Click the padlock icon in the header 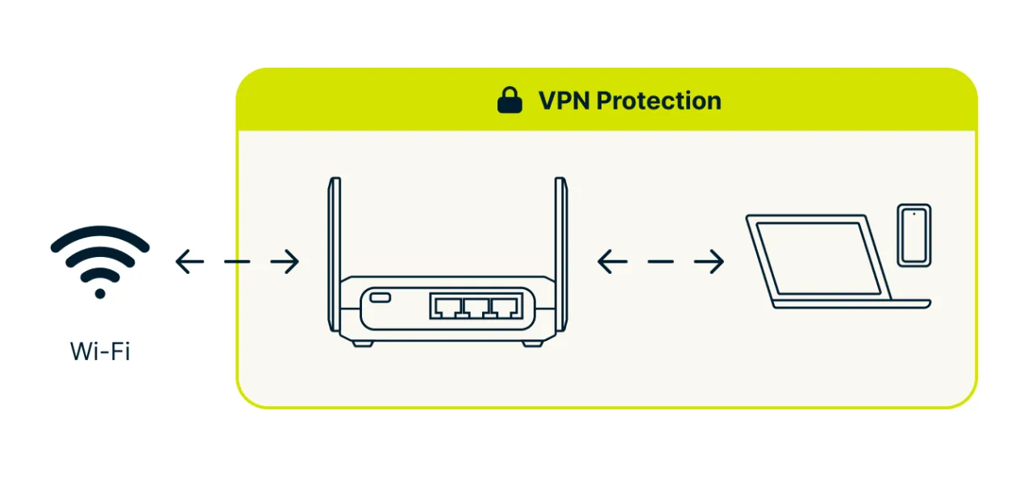510,101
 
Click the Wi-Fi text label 100,351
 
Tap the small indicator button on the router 381,299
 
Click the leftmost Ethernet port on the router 446,306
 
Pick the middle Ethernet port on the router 476,306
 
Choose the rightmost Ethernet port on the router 506,306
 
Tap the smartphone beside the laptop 914,234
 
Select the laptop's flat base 851,304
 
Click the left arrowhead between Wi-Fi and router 181,261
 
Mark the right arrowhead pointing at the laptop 718,261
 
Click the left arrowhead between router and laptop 603,261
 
